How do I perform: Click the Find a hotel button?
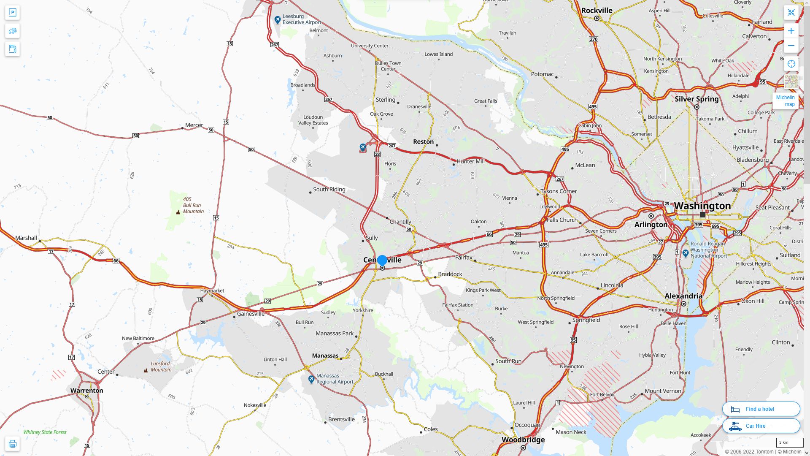(x=761, y=409)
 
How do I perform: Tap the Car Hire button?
(x=761, y=426)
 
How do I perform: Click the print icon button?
(x=12, y=444)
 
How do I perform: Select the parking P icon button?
(x=12, y=13)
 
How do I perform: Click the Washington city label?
(x=702, y=206)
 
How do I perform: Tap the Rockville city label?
(x=597, y=11)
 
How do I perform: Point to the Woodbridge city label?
(x=523, y=440)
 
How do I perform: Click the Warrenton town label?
(x=86, y=391)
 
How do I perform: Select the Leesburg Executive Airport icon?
(x=277, y=20)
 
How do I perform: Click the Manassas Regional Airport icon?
(x=311, y=379)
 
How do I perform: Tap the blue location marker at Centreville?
(x=382, y=261)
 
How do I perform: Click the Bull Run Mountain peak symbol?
(x=178, y=212)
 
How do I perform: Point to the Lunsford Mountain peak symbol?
(x=146, y=370)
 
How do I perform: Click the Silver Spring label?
(x=697, y=99)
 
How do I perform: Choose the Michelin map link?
(x=785, y=101)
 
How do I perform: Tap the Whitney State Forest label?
(x=45, y=432)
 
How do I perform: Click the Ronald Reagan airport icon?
(x=686, y=253)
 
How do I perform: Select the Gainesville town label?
(x=251, y=314)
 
